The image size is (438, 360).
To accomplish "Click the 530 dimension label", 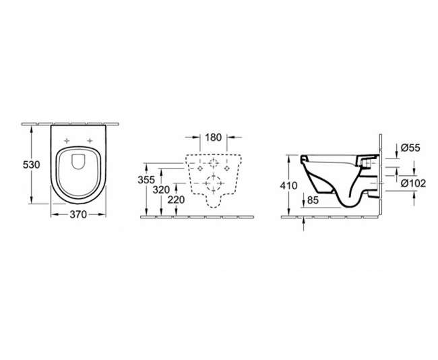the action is click(x=31, y=165).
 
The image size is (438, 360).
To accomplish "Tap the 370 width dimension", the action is click(x=78, y=214).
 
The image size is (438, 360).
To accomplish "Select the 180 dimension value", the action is click(x=213, y=138).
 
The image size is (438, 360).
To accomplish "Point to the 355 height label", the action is click(x=146, y=180).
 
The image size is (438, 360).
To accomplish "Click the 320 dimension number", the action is click(x=161, y=190).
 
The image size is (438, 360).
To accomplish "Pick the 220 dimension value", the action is click(x=176, y=200).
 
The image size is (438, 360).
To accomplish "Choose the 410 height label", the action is click(x=289, y=185).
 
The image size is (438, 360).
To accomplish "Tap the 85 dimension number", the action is click(x=313, y=200).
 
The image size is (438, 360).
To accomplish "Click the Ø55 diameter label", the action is click(x=410, y=148).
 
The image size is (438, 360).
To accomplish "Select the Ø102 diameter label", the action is click(x=413, y=183).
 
